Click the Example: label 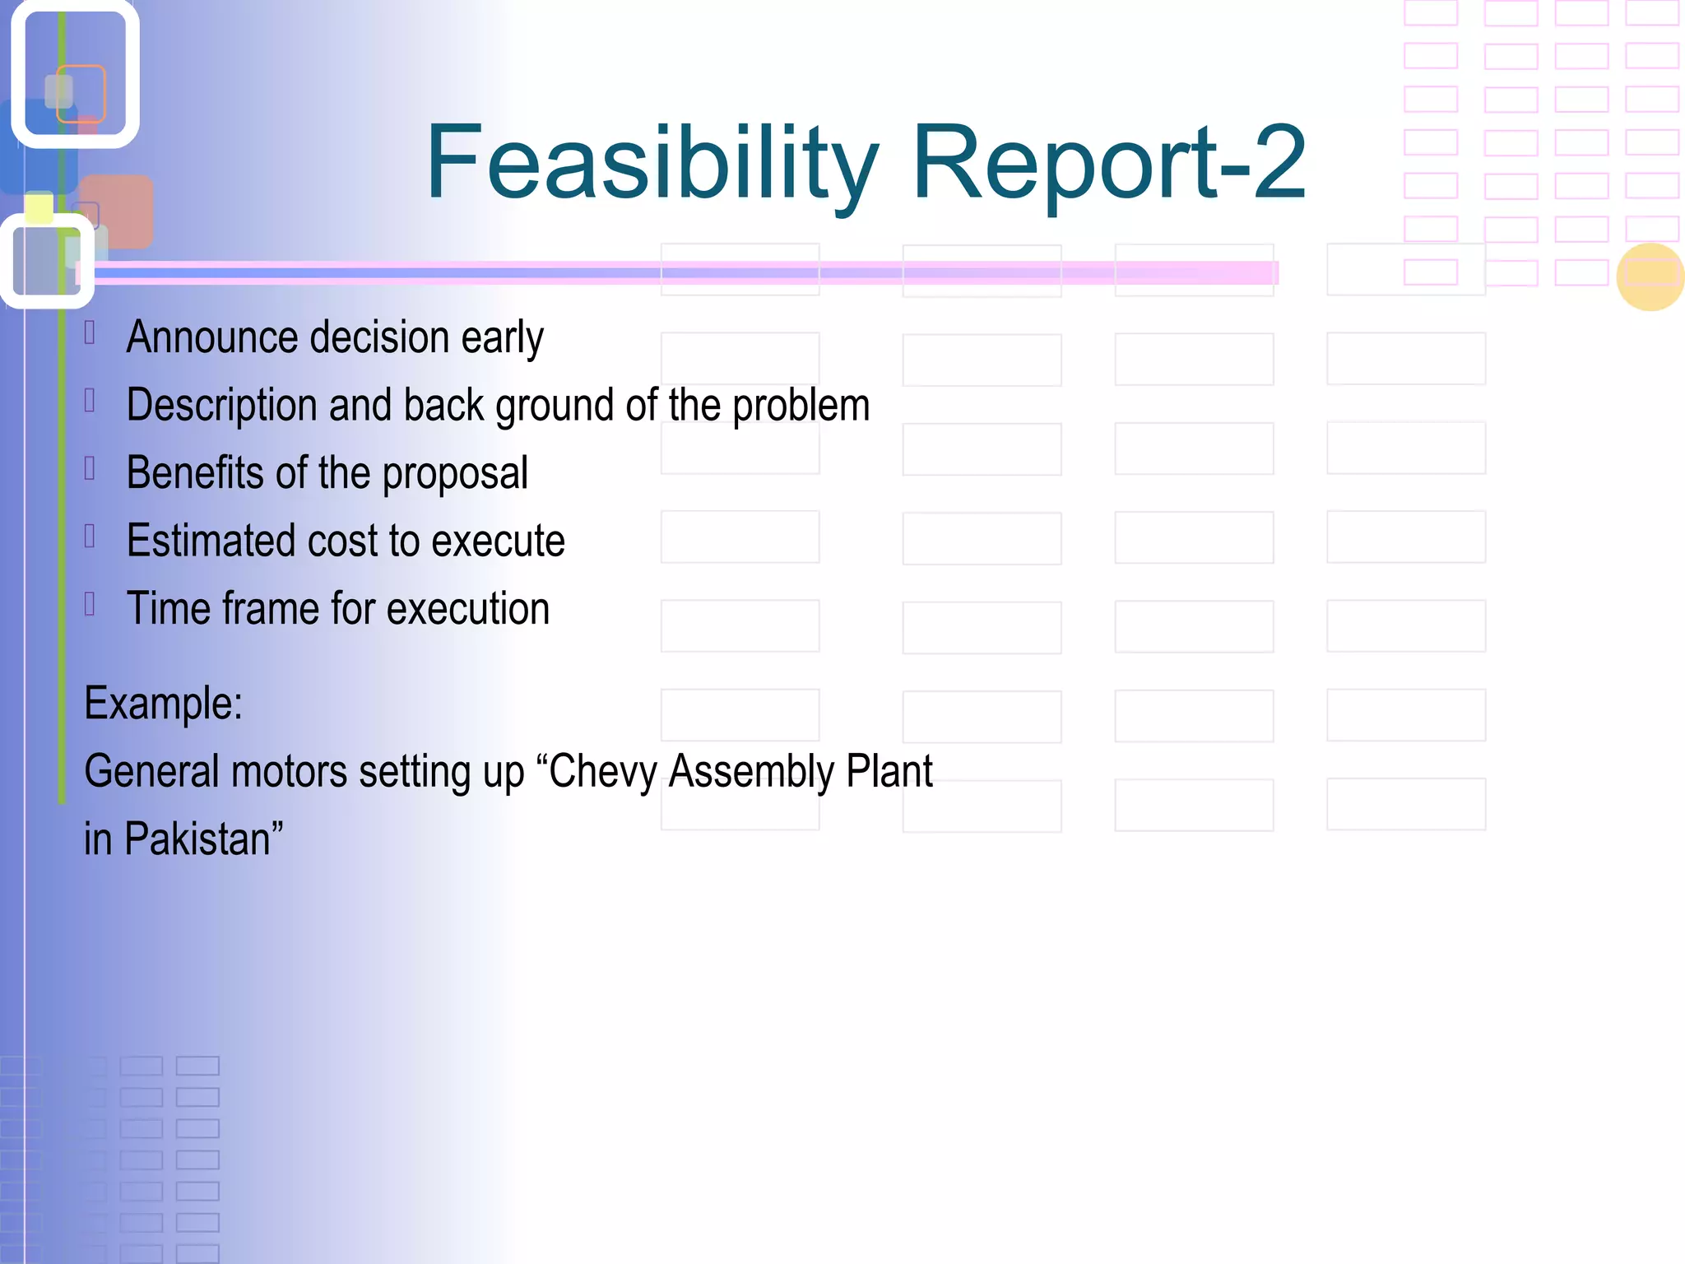(x=163, y=704)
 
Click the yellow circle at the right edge (x=1650, y=277)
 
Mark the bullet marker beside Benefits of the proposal (x=91, y=468)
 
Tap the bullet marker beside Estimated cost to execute (x=91, y=536)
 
